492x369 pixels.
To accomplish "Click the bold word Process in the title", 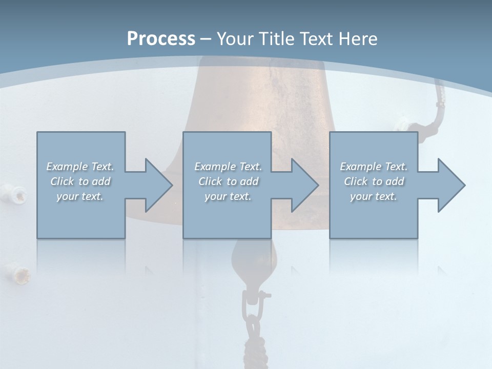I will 161,39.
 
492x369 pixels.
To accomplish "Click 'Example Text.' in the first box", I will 80,167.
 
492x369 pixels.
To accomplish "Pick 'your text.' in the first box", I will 80,196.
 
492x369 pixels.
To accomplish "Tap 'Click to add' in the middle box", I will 228,181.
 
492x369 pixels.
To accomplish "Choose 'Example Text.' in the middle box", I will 228,167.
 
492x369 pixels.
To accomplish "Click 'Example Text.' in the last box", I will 374,167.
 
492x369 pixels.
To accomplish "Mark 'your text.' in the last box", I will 374,196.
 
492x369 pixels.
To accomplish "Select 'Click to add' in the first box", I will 80,181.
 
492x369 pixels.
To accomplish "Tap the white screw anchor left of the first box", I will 19,194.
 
